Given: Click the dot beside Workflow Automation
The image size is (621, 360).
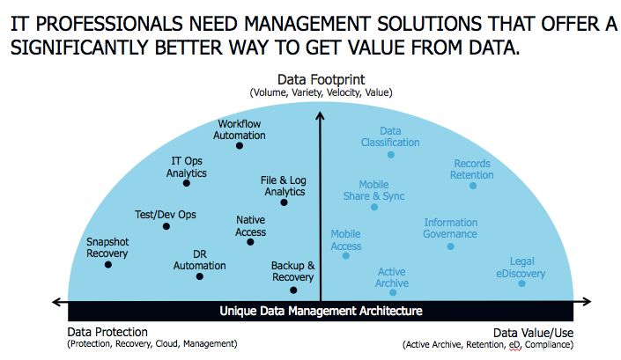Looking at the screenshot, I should pyautogui.click(x=240, y=145).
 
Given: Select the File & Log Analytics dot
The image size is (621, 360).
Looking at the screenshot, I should pyautogui.click(x=284, y=202).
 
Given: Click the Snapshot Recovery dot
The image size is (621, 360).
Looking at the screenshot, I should pyautogui.click(x=108, y=264).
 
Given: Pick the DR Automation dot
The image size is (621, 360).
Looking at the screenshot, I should pyautogui.click(x=199, y=276).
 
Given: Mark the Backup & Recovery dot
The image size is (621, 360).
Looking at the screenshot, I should pyautogui.click(x=293, y=290).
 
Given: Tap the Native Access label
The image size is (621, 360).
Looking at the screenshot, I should pyautogui.click(x=251, y=226).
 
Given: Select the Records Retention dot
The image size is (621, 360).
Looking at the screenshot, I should pyautogui.click(x=473, y=186).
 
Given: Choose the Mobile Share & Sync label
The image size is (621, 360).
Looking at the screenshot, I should pyautogui.click(x=374, y=190).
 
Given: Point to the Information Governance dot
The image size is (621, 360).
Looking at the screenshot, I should pyautogui.click(x=450, y=246).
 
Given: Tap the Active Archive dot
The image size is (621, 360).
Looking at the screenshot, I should pyautogui.click(x=393, y=292).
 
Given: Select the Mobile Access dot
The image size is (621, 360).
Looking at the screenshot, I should pyautogui.click(x=346, y=255).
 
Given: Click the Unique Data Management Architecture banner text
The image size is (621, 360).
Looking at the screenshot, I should pyautogui.click(x=321, y=311).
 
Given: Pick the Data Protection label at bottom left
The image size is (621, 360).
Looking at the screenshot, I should pyautogui.click(x=107, y=332).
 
